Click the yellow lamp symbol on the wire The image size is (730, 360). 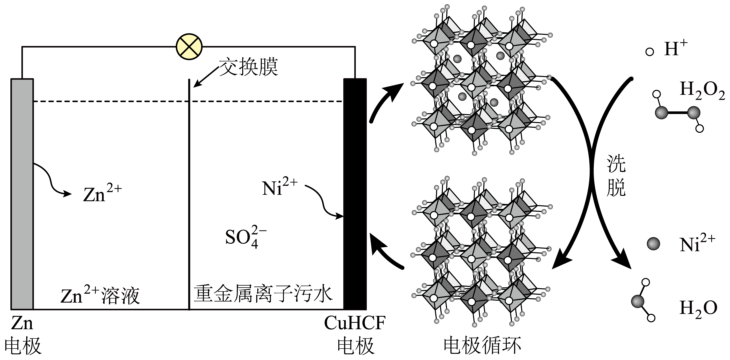click(x=189, y=47)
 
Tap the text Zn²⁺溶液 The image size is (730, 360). click(x=100, y=296)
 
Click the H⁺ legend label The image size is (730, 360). click(x=676, y=49)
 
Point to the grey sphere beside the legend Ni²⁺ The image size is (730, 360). click(x=653, y=244)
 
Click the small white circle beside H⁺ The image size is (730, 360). click(x=650, y=52)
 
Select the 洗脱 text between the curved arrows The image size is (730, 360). click(x=616, y=176)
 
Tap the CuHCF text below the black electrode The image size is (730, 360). click(x=355, y=323)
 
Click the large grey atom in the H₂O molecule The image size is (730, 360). click(x=638, y=301)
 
